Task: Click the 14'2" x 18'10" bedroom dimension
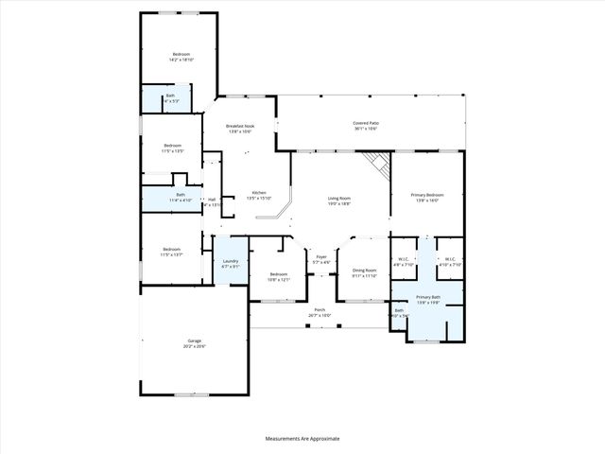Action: tap(181, 61)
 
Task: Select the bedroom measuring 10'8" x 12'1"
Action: tap(278, 279)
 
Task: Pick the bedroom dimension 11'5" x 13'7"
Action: tap(171, 254)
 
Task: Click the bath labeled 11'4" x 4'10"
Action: tap(180, 201)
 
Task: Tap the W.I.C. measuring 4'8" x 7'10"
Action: tap(404, 265)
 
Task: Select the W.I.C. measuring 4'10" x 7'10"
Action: tap(450, 265)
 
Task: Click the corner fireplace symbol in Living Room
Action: tap(379, 166)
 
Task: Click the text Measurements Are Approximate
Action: tap(302, 438)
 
